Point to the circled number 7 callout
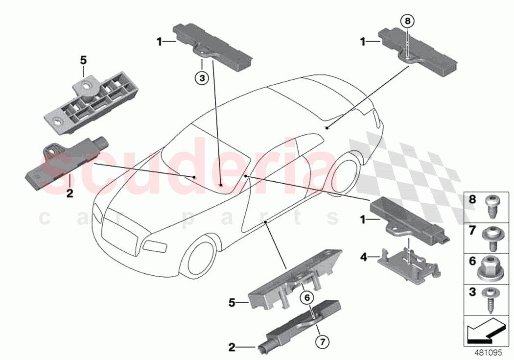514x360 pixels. (322, 341)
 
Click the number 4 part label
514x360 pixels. (364, 256)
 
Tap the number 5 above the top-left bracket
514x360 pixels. (83, 60)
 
